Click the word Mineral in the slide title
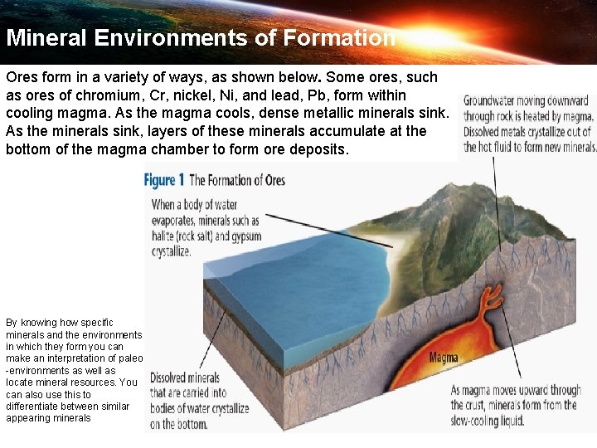point(46,38)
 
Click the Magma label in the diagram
point(444,358)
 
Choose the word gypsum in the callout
point(246,236)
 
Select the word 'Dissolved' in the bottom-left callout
point(173,378)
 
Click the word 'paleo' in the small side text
point(130,358)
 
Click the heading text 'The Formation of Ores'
point(237,180)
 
